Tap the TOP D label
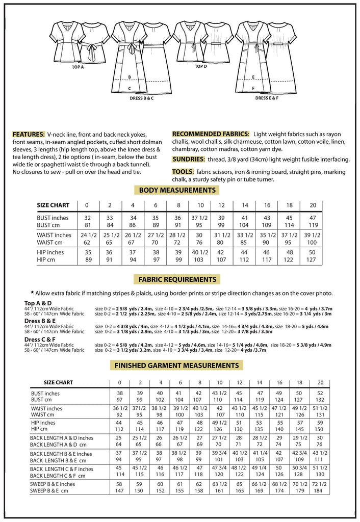(200, 67)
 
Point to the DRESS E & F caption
(266, 97)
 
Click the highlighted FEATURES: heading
(29, 134)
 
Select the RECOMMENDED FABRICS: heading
(211, 134)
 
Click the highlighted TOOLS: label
(182, 172)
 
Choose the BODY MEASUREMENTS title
(176, 191)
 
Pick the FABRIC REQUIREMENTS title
(176, 279)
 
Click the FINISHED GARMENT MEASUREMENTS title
(176, 366)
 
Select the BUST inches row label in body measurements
(53, 218)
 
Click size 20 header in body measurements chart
(313, 205)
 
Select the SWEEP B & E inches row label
(53, 484)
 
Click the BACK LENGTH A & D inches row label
(62, 438)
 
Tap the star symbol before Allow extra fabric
(32, 293)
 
